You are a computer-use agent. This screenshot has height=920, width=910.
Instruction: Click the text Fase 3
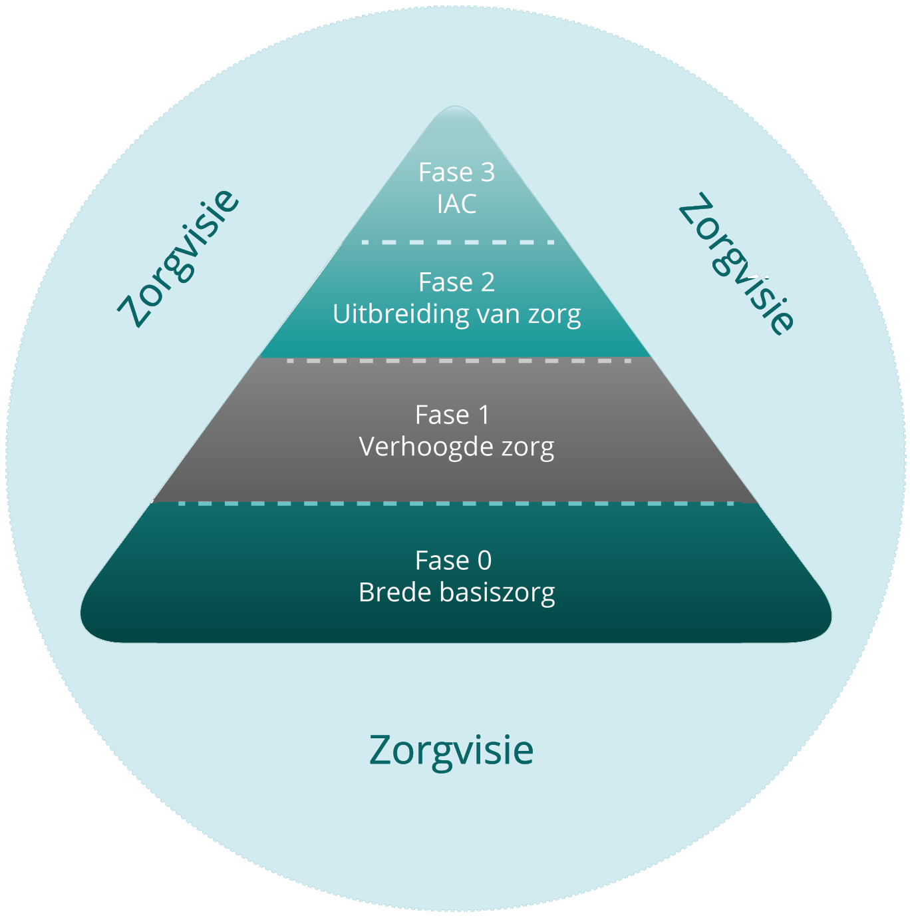456,172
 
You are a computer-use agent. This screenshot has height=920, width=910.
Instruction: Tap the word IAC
456,204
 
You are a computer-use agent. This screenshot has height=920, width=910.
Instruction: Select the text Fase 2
456,282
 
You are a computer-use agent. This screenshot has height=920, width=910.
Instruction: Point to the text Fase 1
452,415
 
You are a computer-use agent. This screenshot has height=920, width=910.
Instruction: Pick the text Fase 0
453,561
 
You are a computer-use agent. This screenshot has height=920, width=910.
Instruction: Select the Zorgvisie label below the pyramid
451,750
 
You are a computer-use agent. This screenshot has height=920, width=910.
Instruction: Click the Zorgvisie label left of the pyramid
178,258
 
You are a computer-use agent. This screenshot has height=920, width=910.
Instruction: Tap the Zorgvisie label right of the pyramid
736,264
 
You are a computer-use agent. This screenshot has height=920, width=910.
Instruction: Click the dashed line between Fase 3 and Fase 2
458,242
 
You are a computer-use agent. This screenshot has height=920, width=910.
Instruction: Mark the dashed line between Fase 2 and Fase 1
458,360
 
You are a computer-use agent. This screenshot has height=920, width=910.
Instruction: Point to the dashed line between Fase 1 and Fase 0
458,503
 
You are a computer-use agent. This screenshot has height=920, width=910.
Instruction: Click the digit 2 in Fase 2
488,282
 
